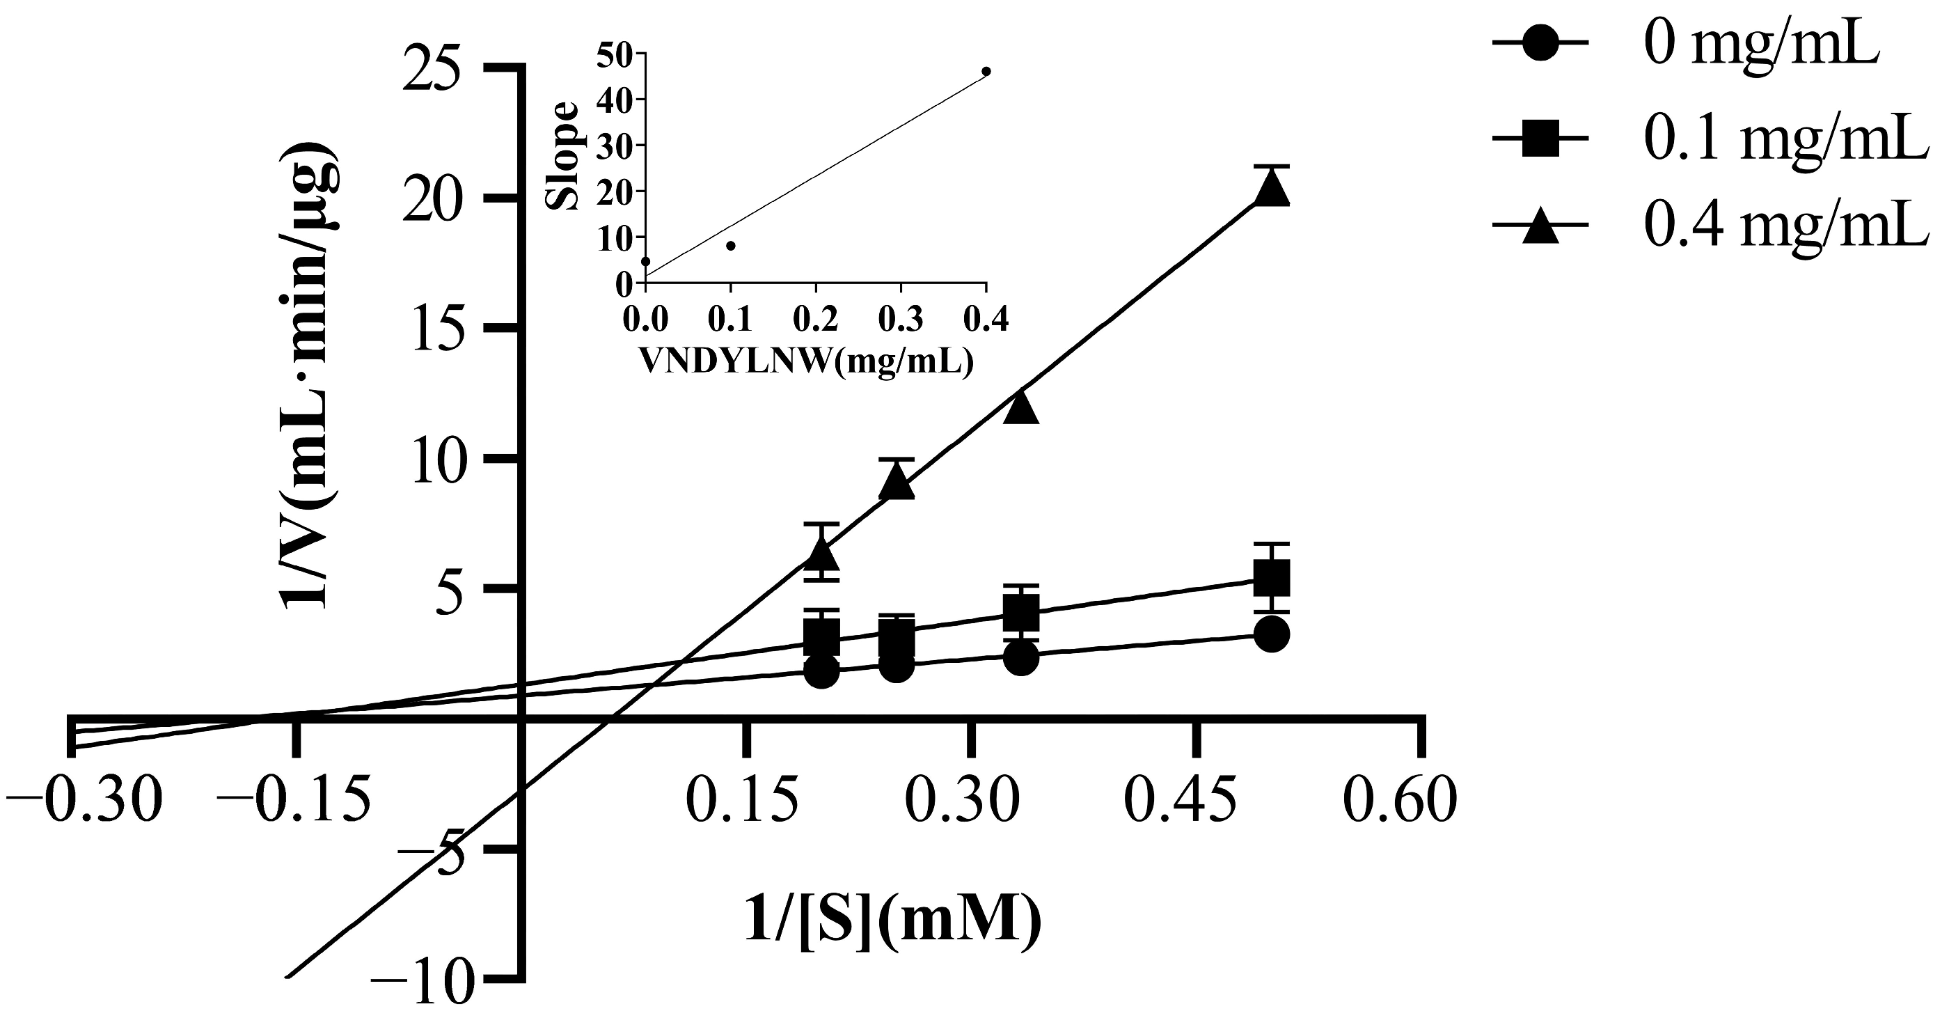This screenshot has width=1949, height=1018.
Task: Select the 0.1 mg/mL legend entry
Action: click(1785, 141)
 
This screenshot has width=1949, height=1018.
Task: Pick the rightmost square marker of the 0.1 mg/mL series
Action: click(1272, 579)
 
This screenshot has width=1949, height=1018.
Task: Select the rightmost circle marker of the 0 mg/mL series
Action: click(1272, 634)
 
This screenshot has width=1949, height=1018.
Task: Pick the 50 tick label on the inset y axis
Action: click(615, 55)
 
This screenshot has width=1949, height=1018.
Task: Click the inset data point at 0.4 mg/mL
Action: click(986, 71)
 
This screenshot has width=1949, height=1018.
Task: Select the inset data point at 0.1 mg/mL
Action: click(731, 245)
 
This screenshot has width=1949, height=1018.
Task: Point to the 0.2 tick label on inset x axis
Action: click(816, 320)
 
